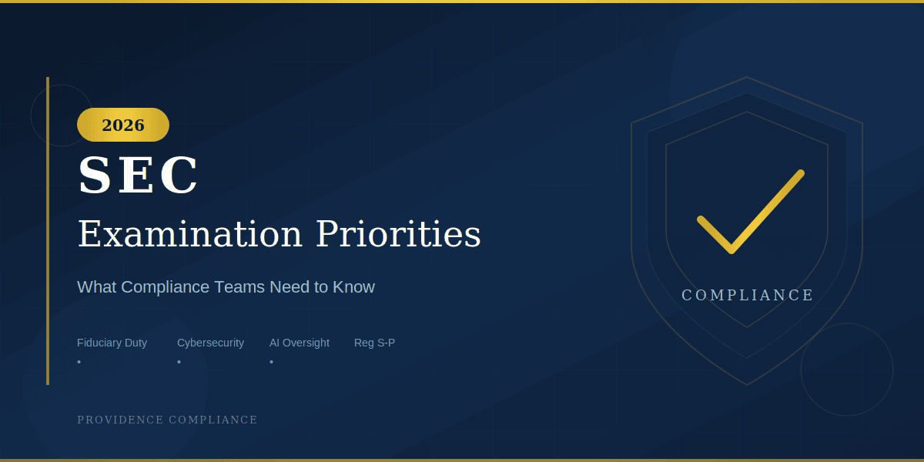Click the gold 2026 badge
click(123, 125)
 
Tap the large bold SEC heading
click(139, 176)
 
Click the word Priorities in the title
click(398, 234)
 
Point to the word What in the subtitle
click(96, 287)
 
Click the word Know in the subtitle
click(353, 287)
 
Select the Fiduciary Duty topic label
click(112, 343)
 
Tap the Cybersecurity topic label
click(210, 343)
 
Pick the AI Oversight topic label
click(299, 343)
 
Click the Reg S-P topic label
click(374, 343)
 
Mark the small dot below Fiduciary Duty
click(79, 361)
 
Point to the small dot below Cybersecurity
click(179, 361)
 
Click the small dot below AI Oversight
click(271, 361)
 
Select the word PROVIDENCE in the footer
click(121, 420)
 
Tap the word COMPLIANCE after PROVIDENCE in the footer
click(213, 420)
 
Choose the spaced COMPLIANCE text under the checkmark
click(747, 295)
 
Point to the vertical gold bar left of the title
click(48, 231)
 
